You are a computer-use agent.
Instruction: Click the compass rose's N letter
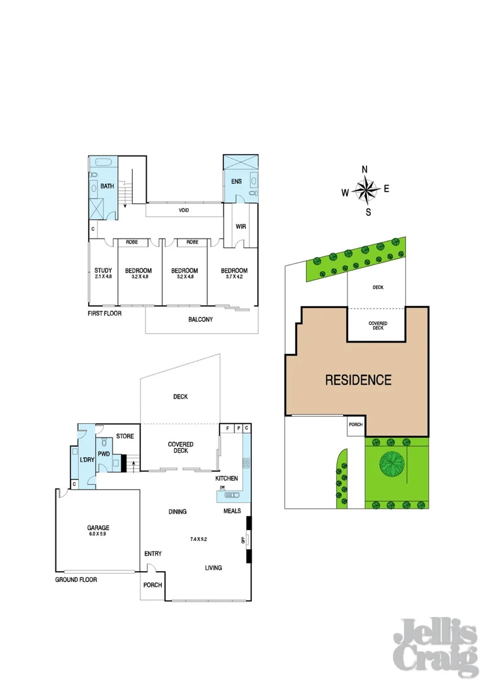[365, 169]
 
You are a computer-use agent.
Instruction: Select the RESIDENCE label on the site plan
[358, 380]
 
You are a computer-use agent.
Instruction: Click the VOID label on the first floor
[184, 210]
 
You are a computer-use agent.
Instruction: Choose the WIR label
[241, 226]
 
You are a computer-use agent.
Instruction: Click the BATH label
[107, 186]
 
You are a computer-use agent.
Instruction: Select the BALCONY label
[200, 319]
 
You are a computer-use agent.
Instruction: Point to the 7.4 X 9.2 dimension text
[200, 539]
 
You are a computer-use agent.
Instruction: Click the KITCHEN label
[227, 479]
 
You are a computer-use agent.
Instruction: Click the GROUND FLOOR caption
[76, 579]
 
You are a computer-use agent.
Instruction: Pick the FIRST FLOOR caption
[104, 313]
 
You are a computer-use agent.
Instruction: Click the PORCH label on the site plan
[355, 424]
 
